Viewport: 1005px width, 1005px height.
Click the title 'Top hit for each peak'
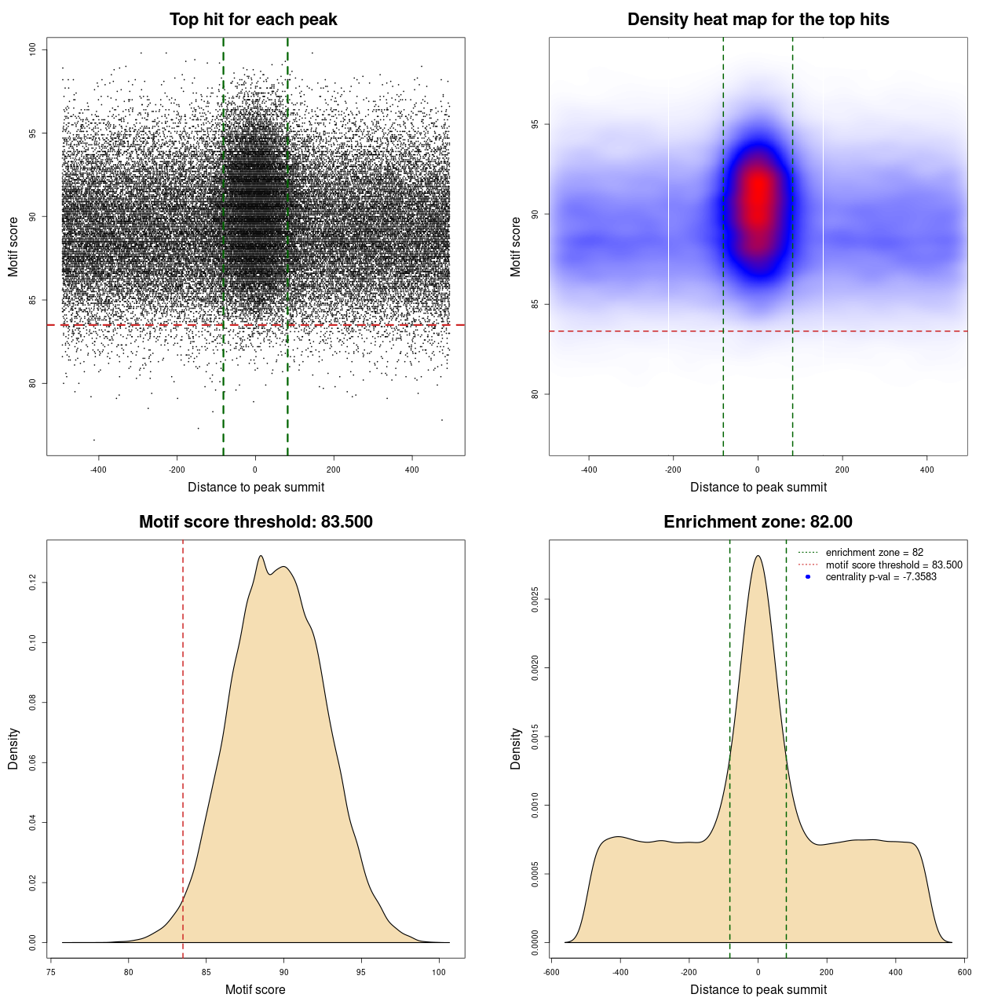click(x=254, y=20)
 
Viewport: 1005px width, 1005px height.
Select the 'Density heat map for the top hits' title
click(x=758, y=20)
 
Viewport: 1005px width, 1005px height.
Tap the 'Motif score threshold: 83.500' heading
click(x=255, y=522)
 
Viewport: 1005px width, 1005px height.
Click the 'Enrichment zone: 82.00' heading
click(x=758, y=522)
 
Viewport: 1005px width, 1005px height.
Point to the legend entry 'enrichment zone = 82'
click(x=874, y=553)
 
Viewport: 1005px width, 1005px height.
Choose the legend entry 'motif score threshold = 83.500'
click(x=894, y=565)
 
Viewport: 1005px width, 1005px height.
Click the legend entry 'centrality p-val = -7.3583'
click(x=881, y=577)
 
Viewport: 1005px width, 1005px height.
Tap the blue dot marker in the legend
click(x=808, y=577)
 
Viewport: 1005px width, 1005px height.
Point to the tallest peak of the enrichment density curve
click(x=758, y=556)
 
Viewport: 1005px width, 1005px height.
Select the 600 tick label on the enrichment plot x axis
click(x=964, y=972)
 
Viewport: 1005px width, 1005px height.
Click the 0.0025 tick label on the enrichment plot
click(x=535, y=600)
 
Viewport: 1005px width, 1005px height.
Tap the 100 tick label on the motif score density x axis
click(x=439, y=972)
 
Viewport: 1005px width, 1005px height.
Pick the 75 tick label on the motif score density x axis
click(x=51, y=972)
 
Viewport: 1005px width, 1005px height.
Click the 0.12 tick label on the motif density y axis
click(x=33, y=583)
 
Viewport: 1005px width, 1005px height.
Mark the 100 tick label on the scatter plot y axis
click(x=33, y=49)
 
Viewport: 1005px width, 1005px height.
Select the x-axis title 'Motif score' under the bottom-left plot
click(x=255, y=989)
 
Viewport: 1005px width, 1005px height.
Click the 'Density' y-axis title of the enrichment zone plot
click(x=516, y=748)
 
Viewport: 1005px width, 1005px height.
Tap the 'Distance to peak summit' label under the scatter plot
click(x=256, y=487)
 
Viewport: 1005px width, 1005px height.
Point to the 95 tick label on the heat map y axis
click(x=535, y=124)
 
